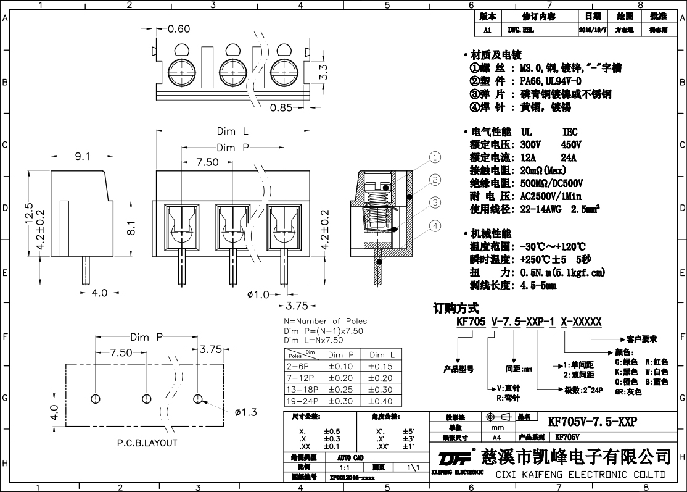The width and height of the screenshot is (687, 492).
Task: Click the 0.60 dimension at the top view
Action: coord(179,29)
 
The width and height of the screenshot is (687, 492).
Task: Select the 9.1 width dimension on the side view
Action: coord(83,157)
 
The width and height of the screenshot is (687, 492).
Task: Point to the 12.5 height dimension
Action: coord(28,214)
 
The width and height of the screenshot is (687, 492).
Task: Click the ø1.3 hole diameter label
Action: coord(245,412)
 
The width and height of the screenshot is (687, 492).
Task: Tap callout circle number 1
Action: coord(435,157)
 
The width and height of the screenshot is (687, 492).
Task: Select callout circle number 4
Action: coord(435,226)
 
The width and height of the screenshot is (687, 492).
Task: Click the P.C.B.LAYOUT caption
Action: coord(147,443)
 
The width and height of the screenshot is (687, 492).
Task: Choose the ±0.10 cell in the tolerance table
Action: coord(343,367)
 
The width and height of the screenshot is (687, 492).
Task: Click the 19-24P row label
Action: coord(300,401)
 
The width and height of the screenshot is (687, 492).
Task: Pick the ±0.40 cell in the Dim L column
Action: coord(380,401)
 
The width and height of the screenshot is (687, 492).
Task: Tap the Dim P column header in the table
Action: coord(343,355)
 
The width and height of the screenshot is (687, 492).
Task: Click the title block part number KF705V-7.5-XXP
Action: coord(592,421)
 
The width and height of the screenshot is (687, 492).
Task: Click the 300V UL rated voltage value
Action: coord(530,144)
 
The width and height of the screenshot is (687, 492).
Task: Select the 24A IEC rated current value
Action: coord(569,157)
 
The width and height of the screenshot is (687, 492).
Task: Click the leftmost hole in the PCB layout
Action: coord(96,398)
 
